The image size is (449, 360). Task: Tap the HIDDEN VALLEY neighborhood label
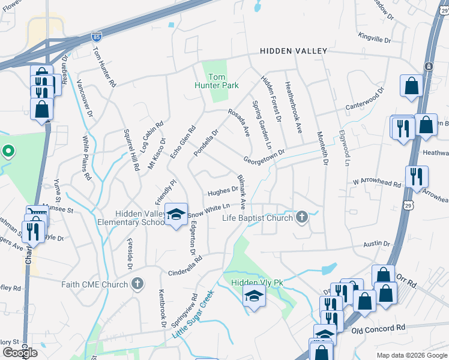(294, 52)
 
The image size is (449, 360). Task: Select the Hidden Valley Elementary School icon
(176, 214)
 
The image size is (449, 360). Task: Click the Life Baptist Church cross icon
(301, 217)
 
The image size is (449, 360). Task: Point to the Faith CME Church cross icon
(137, 284)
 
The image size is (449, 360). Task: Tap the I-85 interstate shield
(97, 37)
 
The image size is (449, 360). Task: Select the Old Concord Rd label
(378, 329)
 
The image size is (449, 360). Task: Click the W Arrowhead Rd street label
(376, 181)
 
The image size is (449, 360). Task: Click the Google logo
(20, 352)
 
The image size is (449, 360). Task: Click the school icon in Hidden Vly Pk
(255, 296)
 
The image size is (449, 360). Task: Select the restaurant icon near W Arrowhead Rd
(416, 176)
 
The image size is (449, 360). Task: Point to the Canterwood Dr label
(363, 101)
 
